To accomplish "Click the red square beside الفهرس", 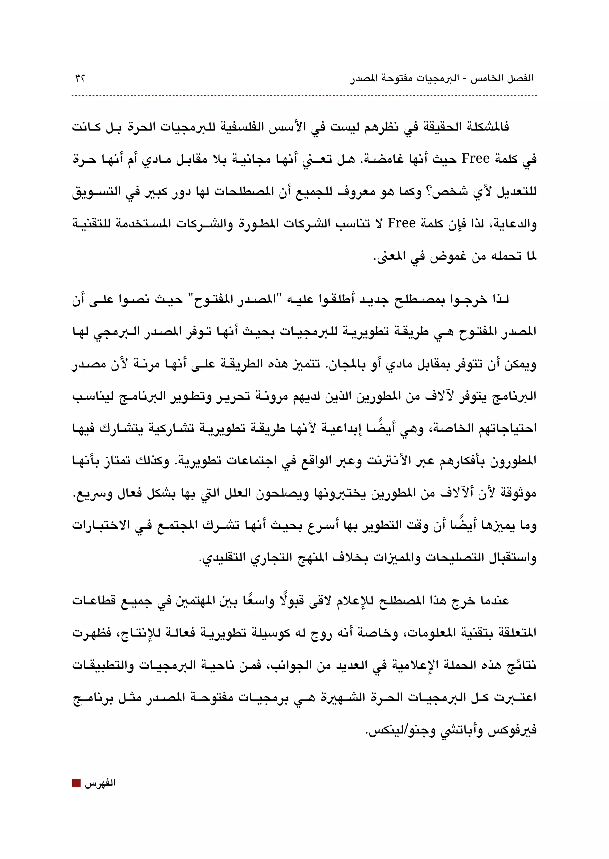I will tap(76, 783).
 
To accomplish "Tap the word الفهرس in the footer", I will tap(100, 783).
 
